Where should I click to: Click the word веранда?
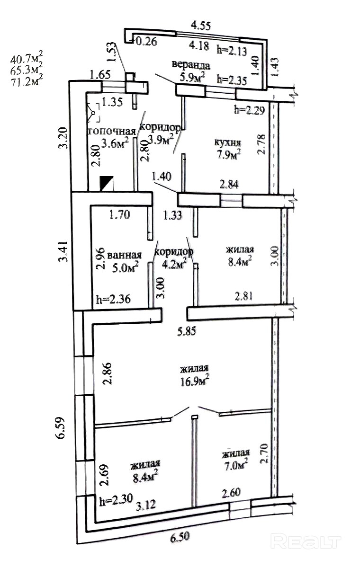click(x=191, y=65)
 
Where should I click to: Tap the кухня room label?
click(x=227, y=143)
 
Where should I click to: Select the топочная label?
click(x=111, y=131)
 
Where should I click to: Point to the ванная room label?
click(x=125, y=255)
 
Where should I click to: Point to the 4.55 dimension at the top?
click(x=201, y=26)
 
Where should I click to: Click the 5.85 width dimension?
click(x=187, y=331)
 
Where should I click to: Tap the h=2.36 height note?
click(x=113, y=299)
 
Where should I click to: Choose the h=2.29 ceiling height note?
click(x=250, y=110)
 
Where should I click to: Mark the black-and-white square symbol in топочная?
click(x=106, y=183)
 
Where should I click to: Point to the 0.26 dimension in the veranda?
click(x=146, y=41)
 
